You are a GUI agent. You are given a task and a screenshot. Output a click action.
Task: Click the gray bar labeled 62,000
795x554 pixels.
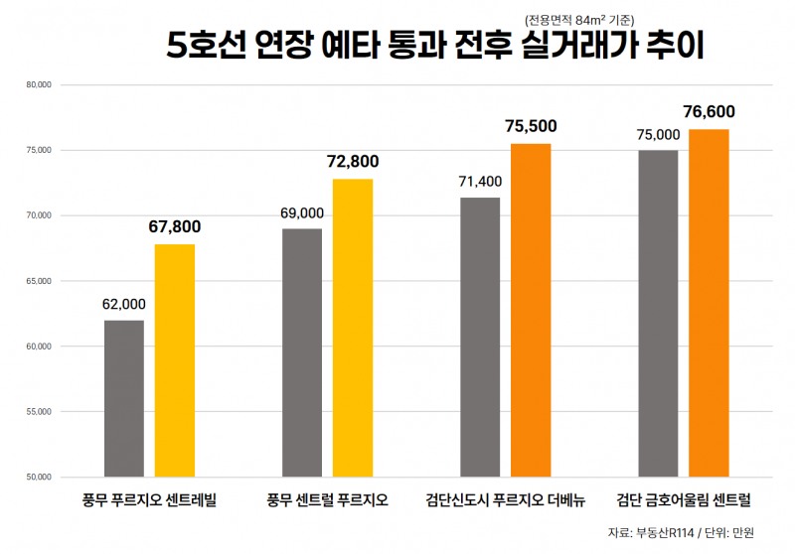(123, 398)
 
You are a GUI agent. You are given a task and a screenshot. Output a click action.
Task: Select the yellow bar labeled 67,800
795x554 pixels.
(174, 360)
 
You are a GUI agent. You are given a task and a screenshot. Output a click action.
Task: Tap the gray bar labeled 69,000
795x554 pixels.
(302, 352)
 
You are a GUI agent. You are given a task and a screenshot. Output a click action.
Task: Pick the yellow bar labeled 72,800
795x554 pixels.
(353, 328)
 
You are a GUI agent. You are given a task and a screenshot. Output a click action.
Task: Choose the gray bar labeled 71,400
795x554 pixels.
(480, 337)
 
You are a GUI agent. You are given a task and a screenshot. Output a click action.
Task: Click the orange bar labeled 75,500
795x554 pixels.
(531, 310)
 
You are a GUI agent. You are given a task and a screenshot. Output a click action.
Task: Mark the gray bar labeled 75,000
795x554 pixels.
(658, 313)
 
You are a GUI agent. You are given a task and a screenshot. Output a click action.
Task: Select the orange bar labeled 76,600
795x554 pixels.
(709, 303)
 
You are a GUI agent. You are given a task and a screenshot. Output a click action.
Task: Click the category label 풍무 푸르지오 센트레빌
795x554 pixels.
(149, 498)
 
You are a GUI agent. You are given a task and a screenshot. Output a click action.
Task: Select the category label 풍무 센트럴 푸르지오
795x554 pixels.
(327, 498)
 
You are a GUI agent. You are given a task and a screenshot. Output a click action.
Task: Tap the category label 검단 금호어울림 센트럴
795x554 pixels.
(683, 498)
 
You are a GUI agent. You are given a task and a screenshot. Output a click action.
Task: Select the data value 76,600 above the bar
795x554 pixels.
(709, 112)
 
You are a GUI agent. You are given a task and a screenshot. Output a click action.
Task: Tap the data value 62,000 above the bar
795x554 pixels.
(123, 304)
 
